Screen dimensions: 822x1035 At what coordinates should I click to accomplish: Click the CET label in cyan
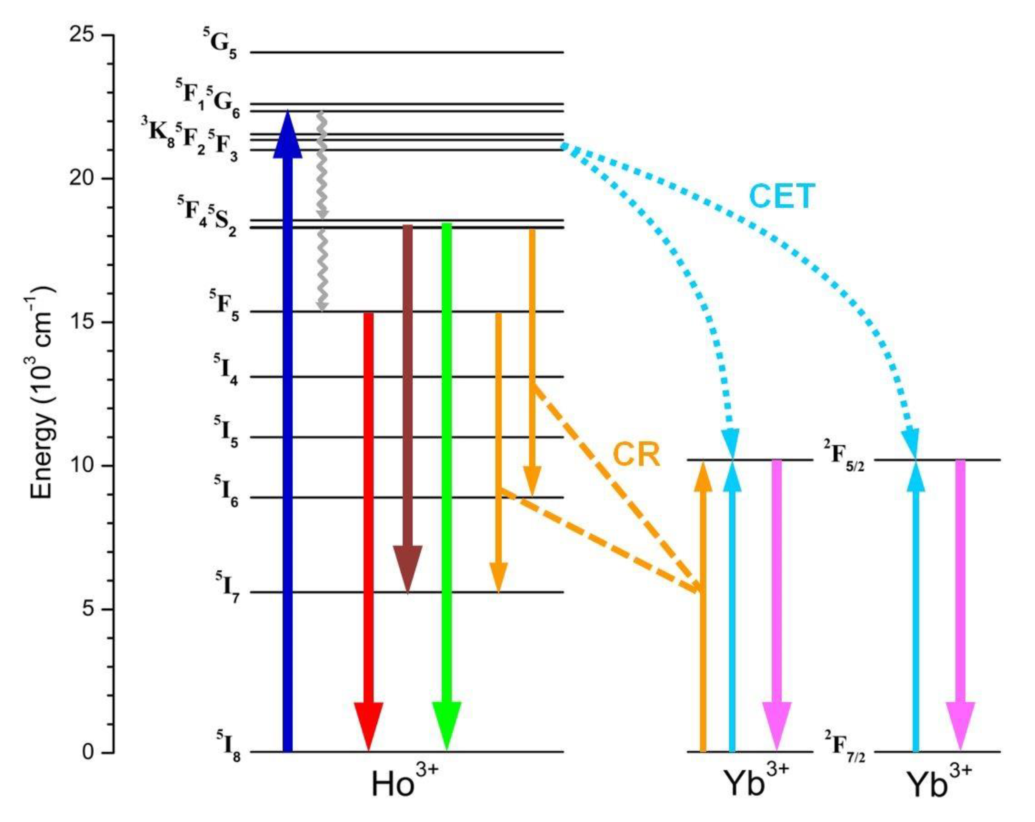coord(782,196)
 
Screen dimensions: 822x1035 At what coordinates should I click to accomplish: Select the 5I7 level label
coord(227,583)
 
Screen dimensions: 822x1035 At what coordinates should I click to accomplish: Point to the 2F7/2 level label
coord(845,754)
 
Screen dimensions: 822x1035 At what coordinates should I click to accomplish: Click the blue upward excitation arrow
coord(287,432)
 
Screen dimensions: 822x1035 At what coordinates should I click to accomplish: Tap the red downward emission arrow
coord(368,528)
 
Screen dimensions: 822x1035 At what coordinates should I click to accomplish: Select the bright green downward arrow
coord(446,480)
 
